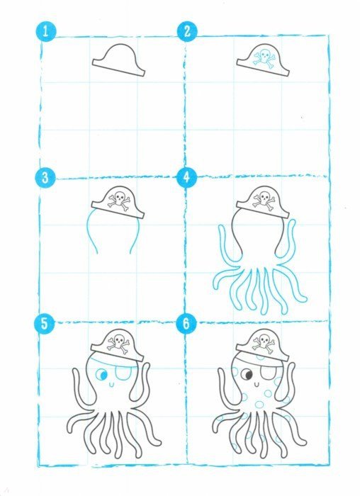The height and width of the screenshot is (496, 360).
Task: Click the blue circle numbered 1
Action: tap(45, 32)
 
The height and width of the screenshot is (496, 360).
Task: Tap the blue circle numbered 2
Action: tap(187, 31)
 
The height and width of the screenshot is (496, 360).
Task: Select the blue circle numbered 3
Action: tap(45, 177)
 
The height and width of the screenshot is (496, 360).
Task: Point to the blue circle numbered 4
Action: tap(186, 177)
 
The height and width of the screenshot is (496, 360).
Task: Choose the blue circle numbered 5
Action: tap(45, 323)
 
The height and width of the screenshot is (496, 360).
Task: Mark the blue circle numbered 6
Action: tap(186, 323)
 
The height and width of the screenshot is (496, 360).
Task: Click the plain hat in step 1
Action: tap(118, 60)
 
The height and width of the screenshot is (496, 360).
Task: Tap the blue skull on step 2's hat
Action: tap(264, 60)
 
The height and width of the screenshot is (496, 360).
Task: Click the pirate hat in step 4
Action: tap(263, 203)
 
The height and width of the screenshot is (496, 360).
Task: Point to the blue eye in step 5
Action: tap(101, 375)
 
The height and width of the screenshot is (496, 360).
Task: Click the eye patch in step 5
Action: tap(122, 373)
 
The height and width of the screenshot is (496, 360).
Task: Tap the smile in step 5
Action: tap(111, 385)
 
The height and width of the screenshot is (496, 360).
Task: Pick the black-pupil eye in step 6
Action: tap(247, 375)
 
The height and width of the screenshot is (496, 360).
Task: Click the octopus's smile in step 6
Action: tap(257, 385)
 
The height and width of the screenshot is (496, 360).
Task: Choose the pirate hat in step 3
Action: tap(118, 203)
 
